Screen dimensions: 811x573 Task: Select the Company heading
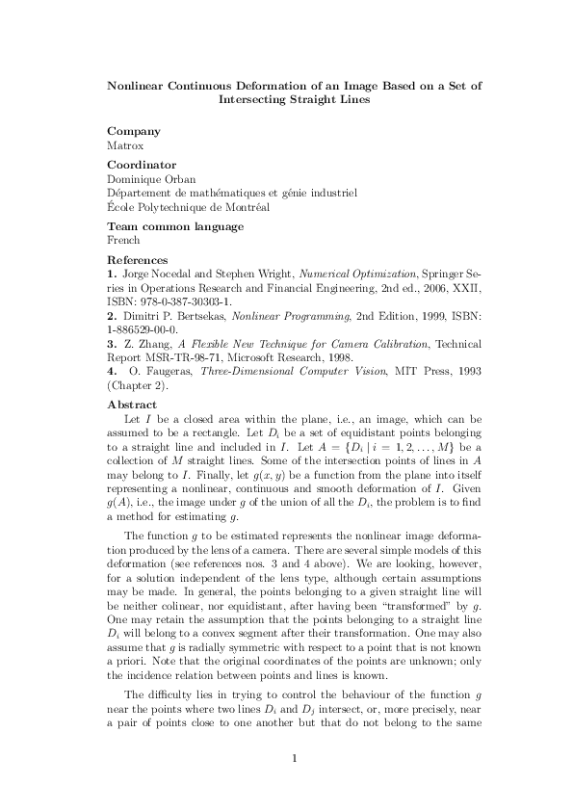click(x=134, y=131)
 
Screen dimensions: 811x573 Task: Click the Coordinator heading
click(x=142, y=165)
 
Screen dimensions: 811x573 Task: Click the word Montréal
click(x=247, y=206)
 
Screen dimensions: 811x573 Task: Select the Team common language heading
click(x=175, y=226)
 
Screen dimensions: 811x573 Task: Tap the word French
click(x=124, y=240)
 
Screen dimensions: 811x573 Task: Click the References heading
click(x=138, y=260)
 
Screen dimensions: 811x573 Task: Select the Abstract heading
click(x=132, y=405)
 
